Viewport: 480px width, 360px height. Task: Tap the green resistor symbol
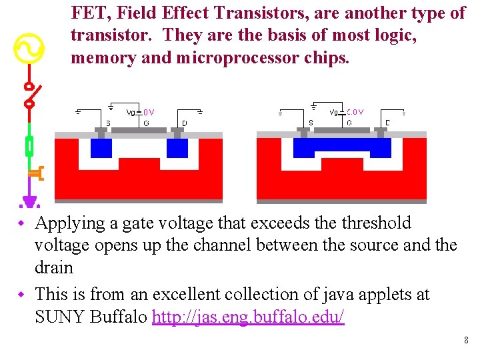(29, 145)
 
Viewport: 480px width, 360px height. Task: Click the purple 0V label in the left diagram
(149, 113)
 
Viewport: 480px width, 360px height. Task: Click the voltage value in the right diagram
(355, 112)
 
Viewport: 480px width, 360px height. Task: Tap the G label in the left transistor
(146, 123)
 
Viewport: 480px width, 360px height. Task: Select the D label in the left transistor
(185, 123)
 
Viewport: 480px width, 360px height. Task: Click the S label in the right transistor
(311, 123)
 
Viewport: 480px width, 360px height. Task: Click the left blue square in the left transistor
(101, 147)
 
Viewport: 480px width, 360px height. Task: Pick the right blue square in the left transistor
(177, 147)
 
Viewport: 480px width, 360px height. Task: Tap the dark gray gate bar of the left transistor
(139, 130)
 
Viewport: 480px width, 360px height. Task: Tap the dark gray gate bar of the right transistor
(341, 130)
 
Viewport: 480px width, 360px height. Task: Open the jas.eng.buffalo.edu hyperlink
(248, 317)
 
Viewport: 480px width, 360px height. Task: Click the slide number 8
(466, 341)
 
